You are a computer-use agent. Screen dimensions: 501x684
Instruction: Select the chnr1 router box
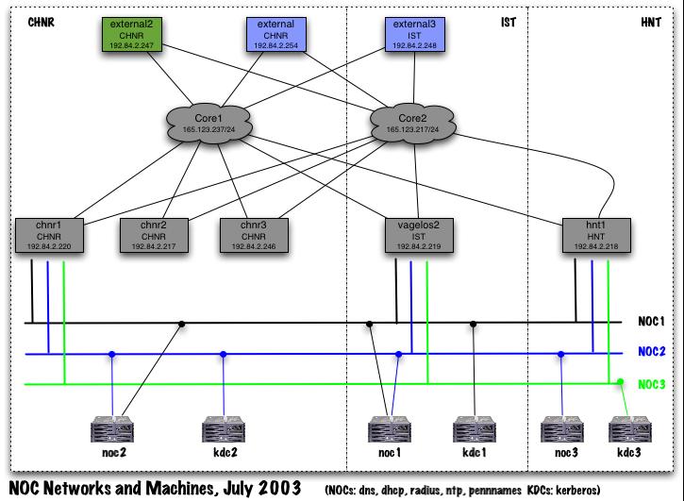point(50,235)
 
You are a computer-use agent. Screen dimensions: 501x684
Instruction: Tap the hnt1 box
point(594,235)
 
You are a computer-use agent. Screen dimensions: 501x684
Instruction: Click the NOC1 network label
point(651,322)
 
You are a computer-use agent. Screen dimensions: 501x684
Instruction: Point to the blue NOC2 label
point(651,353)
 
